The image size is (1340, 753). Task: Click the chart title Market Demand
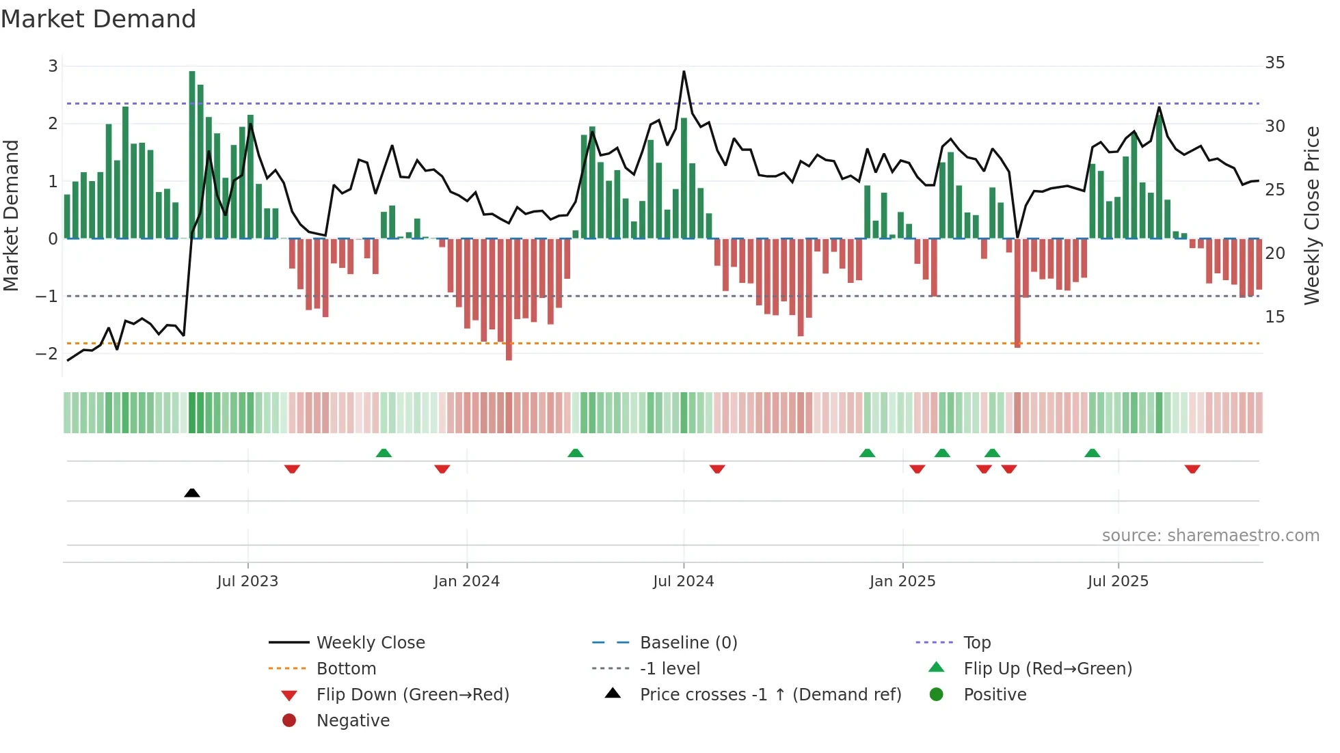[98, 19]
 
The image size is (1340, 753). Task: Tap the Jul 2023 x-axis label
[247, 581]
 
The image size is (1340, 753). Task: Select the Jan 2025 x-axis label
[902, 581]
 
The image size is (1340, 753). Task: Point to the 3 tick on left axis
[53, 66]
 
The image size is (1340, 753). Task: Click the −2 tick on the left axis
[47, 354]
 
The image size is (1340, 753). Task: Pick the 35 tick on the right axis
[1274, 63]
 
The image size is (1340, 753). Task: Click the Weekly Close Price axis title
[1311, 215]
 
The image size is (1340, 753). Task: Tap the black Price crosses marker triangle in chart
[192, 493]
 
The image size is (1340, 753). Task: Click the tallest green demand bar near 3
[192, 154]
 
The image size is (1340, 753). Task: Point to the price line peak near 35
[684, 72]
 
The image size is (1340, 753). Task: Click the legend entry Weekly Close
[370, 643]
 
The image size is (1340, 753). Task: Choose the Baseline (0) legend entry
[688, 643]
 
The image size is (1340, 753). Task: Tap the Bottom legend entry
[346, 669]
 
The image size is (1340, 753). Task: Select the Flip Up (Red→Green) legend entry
[1047, 669]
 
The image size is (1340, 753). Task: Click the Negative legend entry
[353, 721]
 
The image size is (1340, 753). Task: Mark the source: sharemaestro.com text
[1210, 536]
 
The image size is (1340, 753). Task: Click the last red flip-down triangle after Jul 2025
[1192, 469]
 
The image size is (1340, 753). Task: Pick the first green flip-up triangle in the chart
[384, 453]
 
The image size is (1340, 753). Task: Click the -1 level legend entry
[669, 669]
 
